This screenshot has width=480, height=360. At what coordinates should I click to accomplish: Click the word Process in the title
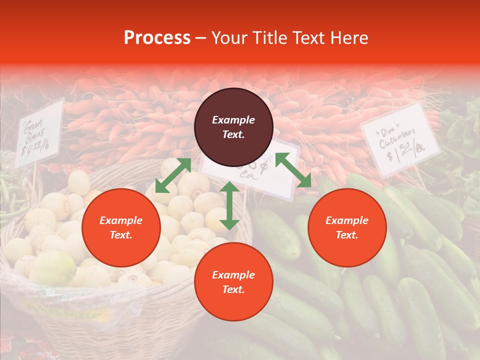coord(157,38)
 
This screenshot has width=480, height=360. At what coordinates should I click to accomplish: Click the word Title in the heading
coord(270,38)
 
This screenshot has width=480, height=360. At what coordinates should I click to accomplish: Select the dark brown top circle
coord(233,127)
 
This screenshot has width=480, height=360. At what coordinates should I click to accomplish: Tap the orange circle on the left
coord(121,227)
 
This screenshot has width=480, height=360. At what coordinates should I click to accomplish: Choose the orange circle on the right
coord(347,227)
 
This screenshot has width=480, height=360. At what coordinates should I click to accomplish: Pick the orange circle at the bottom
coord(233,282)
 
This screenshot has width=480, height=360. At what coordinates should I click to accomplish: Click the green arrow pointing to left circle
coord(173,175)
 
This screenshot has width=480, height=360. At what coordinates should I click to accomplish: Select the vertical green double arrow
coord(229,205)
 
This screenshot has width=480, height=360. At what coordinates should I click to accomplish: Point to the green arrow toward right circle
coord(293,170)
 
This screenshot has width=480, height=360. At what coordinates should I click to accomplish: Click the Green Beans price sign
coord(39,132)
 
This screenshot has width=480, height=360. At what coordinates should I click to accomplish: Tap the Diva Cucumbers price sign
coord(400,140)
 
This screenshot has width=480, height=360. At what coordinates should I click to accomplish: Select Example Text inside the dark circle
coord(233,127)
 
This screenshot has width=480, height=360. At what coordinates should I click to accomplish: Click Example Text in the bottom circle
coord(233,282)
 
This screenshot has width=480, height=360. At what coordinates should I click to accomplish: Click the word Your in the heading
coord(229,38)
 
